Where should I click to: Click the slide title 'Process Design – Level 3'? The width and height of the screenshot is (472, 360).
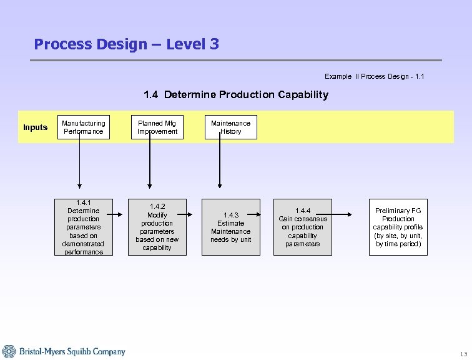[x=126, y=44]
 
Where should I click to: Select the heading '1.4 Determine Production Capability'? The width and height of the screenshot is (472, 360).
[x=235, y=95]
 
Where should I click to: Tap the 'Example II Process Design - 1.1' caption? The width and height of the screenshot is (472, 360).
[x=374, y=76]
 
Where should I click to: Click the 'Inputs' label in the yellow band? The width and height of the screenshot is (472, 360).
[x=36, y=127]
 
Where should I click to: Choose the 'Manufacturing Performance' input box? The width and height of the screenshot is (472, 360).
[x=83, y=127]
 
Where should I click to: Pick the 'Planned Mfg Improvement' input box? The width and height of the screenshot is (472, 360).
[x=157, y=127]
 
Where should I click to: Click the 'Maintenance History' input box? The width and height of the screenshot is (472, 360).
[x=230, y=127]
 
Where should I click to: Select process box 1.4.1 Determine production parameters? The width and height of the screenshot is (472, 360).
[x=83, y=227]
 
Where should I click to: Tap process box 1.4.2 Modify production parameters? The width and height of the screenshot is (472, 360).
[x=157, y=227]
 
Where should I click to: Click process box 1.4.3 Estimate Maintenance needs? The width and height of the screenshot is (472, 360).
[x=230, y=227]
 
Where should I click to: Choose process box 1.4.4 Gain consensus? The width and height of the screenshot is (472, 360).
[x=303, y=227]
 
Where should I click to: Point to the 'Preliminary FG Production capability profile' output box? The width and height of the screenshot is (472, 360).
[x=398, y=227]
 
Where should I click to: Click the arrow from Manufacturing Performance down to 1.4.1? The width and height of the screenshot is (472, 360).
[x=79, y=162]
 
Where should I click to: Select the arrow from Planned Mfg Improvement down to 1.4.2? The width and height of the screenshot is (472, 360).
[x=149, y=162]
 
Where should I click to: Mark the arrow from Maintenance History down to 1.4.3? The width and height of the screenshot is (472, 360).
[x=219, y=162]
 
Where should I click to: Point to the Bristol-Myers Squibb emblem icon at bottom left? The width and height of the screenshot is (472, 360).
[x=9, y=351]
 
